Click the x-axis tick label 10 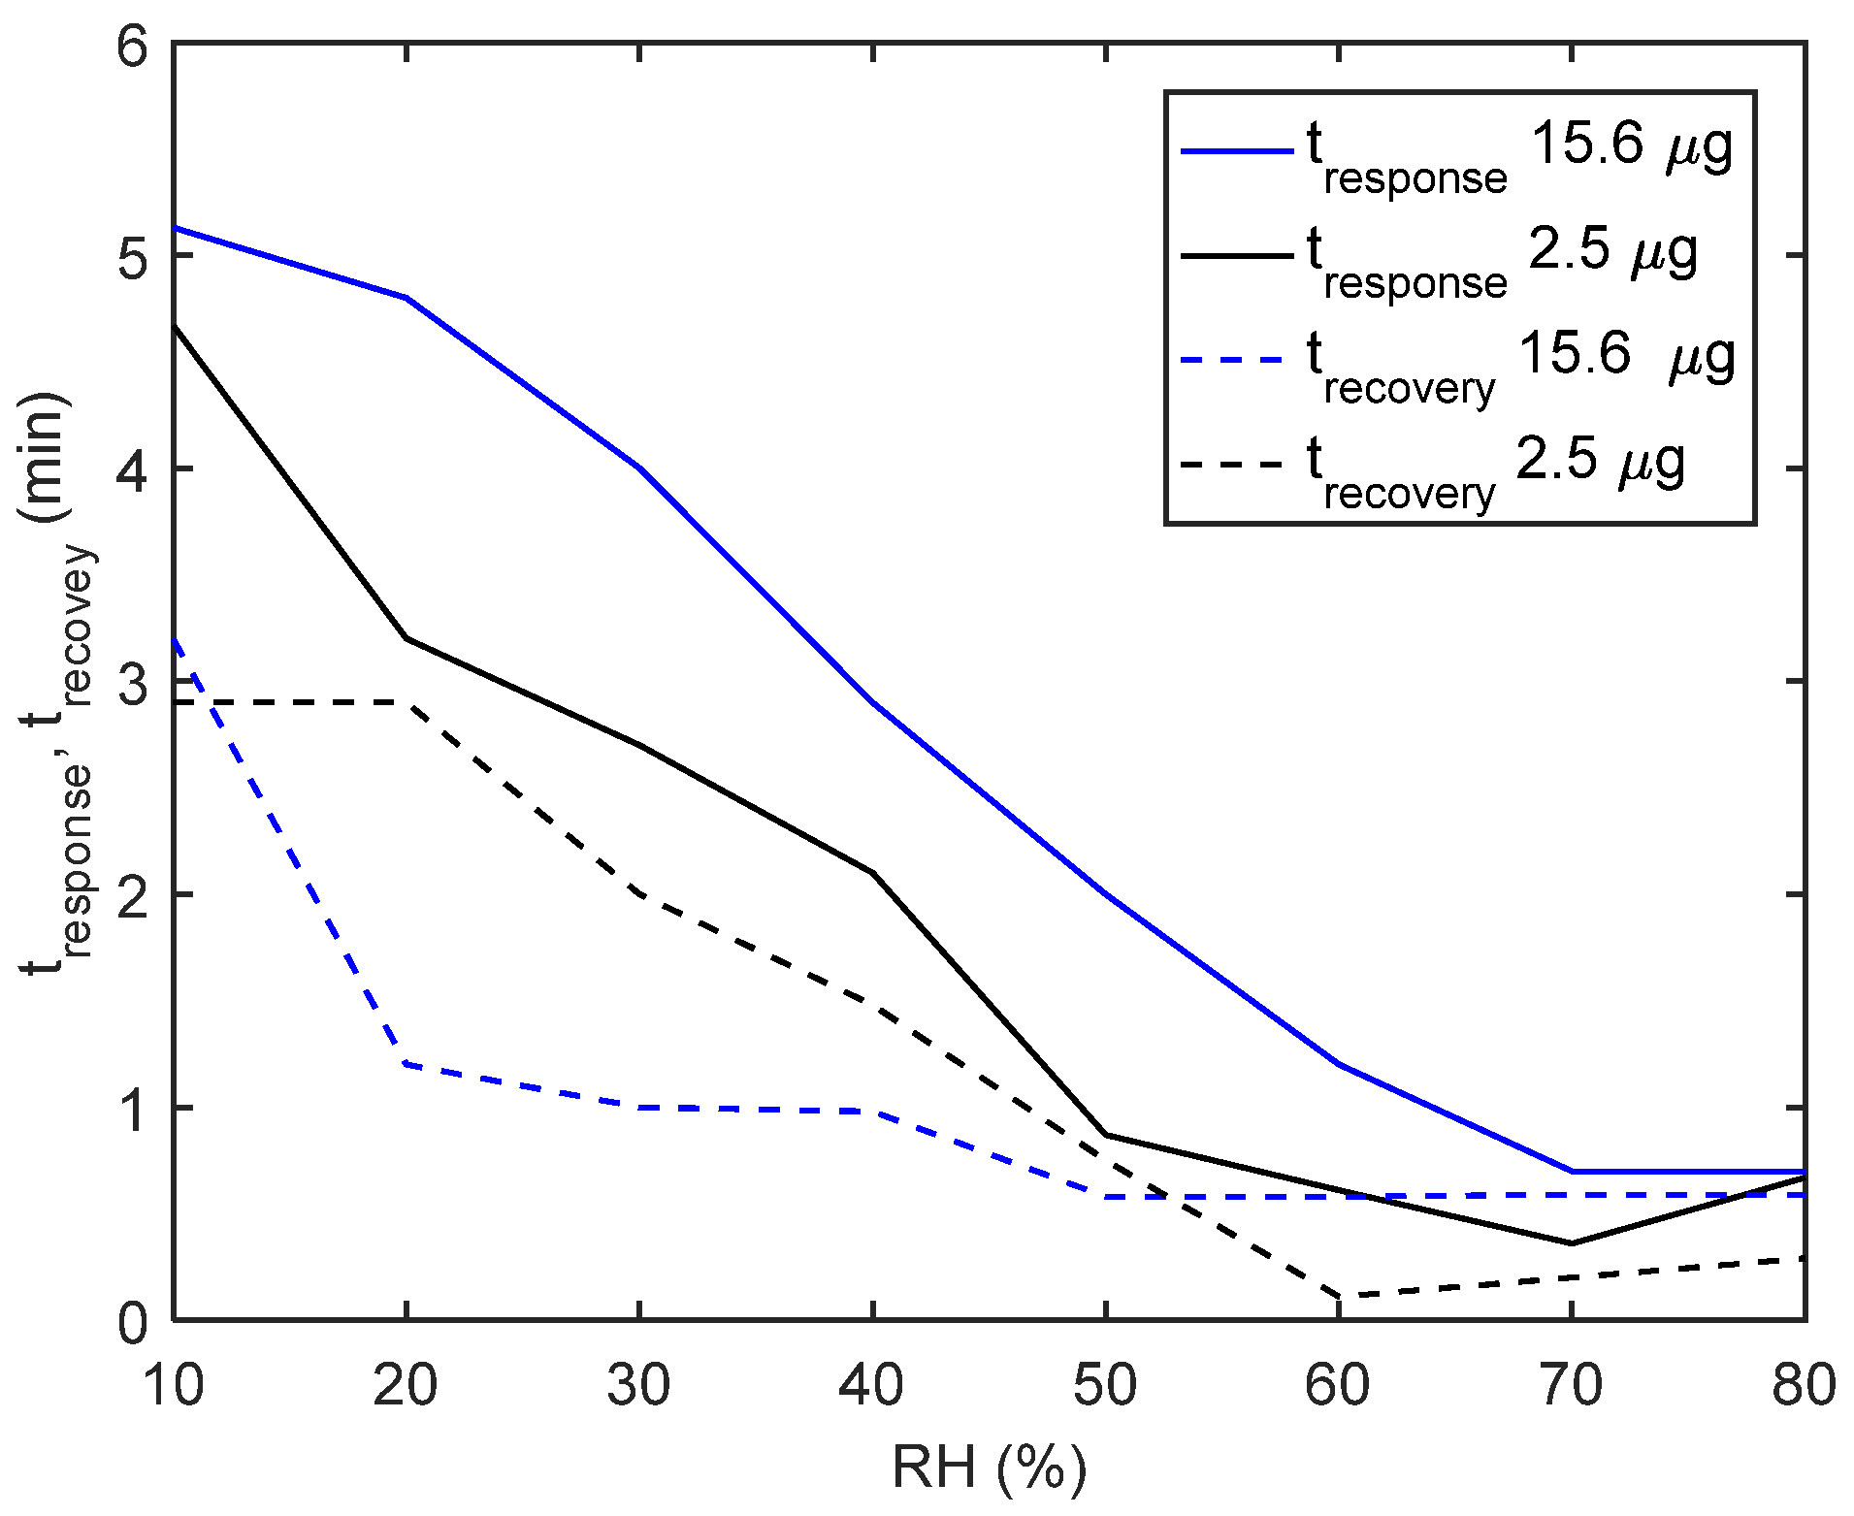pos(174,1386)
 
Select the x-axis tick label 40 pos(872,1386)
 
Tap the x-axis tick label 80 pos(1803,1386)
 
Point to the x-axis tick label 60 pos(1338,1386)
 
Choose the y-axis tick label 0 pos(134,1322)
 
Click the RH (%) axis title pos(989,1468)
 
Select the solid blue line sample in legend pos(1236,152)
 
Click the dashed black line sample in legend pos(1236,466)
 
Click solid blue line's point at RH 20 pos(407,298)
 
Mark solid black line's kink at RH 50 pos(1106,1134)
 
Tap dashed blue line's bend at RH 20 pos(407,1064)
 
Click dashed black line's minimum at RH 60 pos(1339,1297)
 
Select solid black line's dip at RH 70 pos(1572,1242)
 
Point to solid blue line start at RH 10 pos(175,227)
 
